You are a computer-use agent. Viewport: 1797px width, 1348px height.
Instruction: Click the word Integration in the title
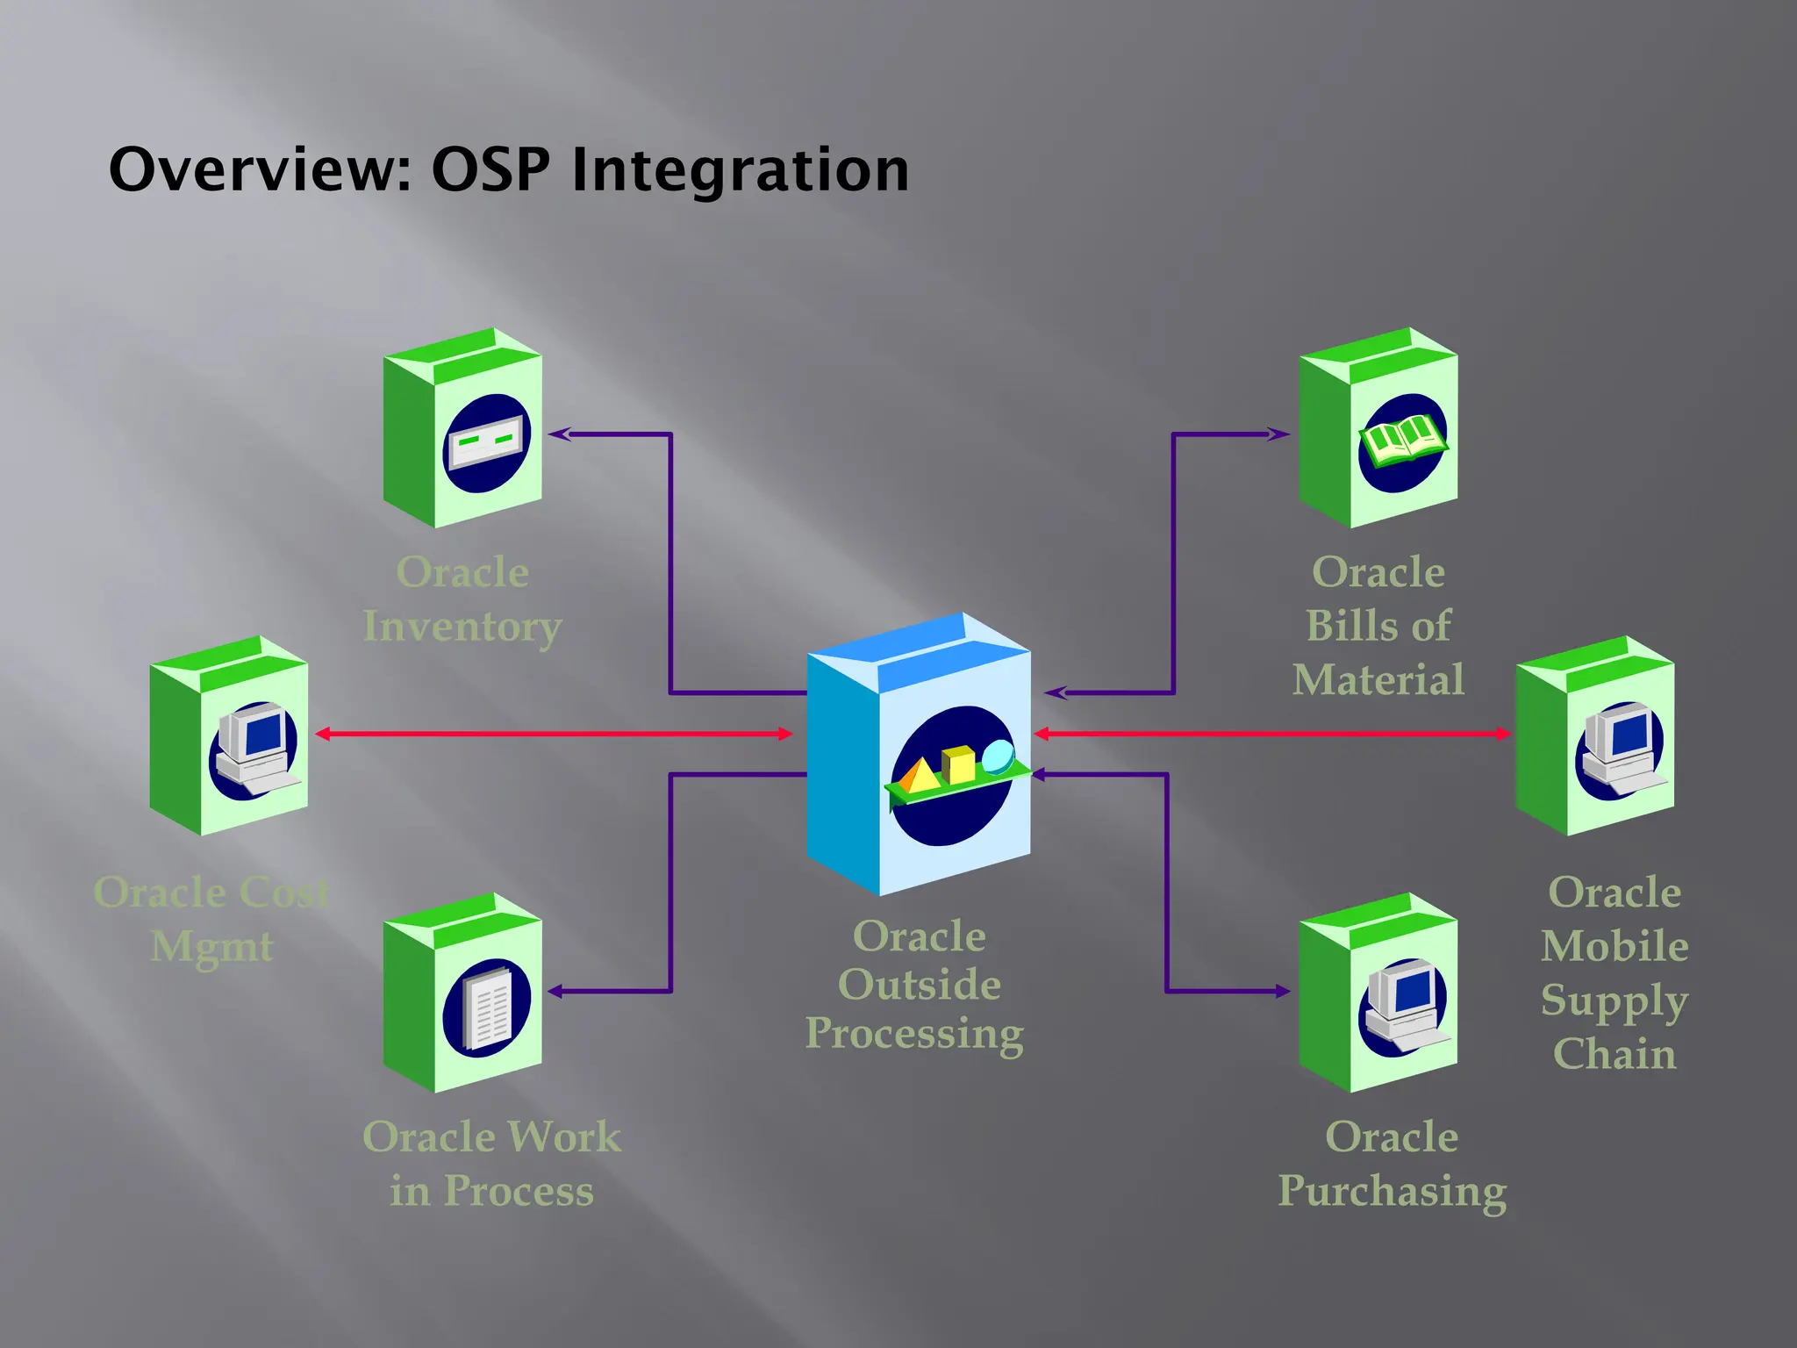click(x=740, y=169)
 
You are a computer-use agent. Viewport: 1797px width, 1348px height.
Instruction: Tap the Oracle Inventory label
click(x=462, y=599)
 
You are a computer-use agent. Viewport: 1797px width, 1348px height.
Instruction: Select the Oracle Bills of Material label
click(x=1378, y=626)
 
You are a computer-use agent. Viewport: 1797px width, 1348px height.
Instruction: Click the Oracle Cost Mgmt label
click(x=211, y=919)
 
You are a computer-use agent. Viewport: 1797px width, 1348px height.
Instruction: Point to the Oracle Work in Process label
click(x=491, y=1164)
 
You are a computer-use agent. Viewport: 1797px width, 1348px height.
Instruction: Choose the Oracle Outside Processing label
click(x=916, y=985)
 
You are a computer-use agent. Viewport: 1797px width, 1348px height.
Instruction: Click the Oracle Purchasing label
click(x=1392, y=1164)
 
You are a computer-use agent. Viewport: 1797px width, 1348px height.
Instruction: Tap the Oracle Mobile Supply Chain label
click(x=1614, y=972)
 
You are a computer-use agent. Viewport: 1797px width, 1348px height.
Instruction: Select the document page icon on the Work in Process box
click(x=489, y=1007)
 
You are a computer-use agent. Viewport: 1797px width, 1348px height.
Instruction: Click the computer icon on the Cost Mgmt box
click(x=254, y=749)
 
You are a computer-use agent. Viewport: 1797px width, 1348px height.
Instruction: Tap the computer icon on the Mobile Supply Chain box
click(x=1622, y=749)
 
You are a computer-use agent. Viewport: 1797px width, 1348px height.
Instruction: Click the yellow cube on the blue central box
click(x=958, y=764)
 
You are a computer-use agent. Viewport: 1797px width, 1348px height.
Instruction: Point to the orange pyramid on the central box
click(x=917, y=777)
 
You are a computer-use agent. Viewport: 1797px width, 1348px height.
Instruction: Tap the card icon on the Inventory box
click(x=487, y=441)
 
